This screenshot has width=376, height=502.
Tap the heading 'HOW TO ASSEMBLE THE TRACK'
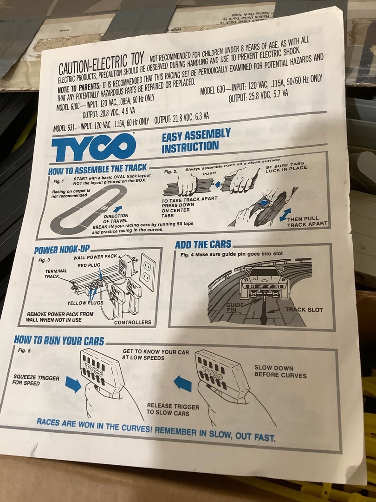click(97, 169)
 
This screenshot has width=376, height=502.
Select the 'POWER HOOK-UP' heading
click(62, 250)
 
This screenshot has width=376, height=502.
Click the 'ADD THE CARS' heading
click(203, 244)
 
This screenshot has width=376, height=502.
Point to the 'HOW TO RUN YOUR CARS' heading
click(59, 341)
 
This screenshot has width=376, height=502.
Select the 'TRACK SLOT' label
click(304, 310)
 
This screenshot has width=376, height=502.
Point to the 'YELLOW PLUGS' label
click(85, 303)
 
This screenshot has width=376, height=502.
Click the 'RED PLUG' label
click(89, 265)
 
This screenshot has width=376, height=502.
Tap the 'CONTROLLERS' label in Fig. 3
click(133, 323)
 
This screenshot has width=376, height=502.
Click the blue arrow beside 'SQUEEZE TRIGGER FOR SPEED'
click(73, 384)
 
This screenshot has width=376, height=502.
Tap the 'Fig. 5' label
click(25, 350)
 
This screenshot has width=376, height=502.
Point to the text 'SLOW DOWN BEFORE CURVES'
click(280, 372)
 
